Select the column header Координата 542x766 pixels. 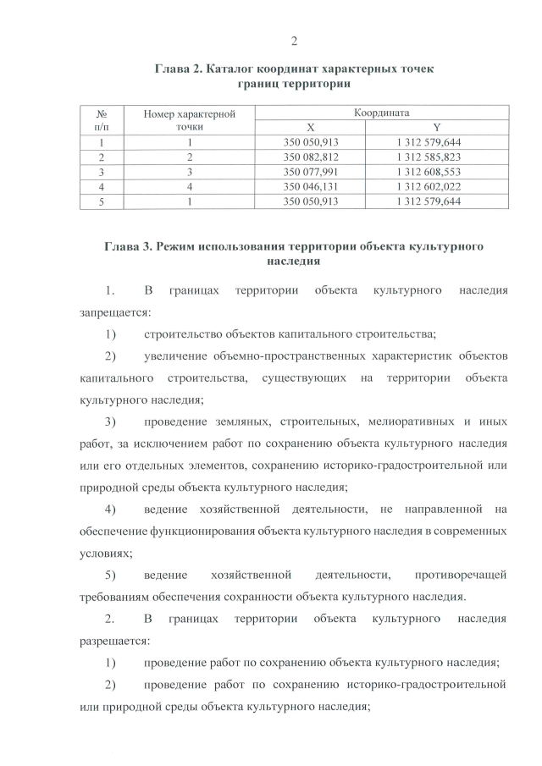[382, 112]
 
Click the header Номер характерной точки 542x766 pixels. [189, 119]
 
